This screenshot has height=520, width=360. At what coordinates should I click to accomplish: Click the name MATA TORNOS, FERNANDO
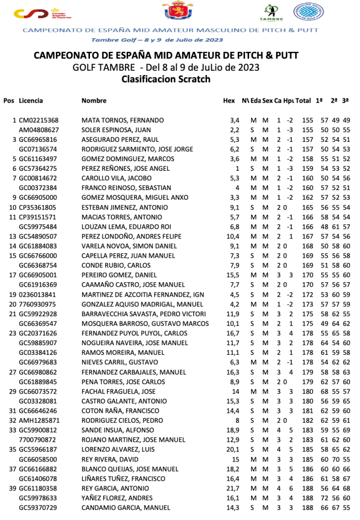[x=123, y=120]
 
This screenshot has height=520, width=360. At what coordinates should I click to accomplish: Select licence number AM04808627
[x=38, y=130]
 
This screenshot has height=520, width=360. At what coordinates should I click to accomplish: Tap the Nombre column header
[x=94, y=101]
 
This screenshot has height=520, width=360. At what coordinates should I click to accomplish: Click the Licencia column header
[x=31, y=101]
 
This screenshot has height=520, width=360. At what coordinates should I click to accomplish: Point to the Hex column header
[x=229, y=101]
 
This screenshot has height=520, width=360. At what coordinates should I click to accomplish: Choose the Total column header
[x=304, y=101]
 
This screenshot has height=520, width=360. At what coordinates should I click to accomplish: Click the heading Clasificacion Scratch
[x=166, y=79]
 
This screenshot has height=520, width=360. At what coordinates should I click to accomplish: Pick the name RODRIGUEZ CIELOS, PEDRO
[x=122, y=420]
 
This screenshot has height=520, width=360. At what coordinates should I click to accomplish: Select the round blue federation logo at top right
[x=308, y=12]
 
